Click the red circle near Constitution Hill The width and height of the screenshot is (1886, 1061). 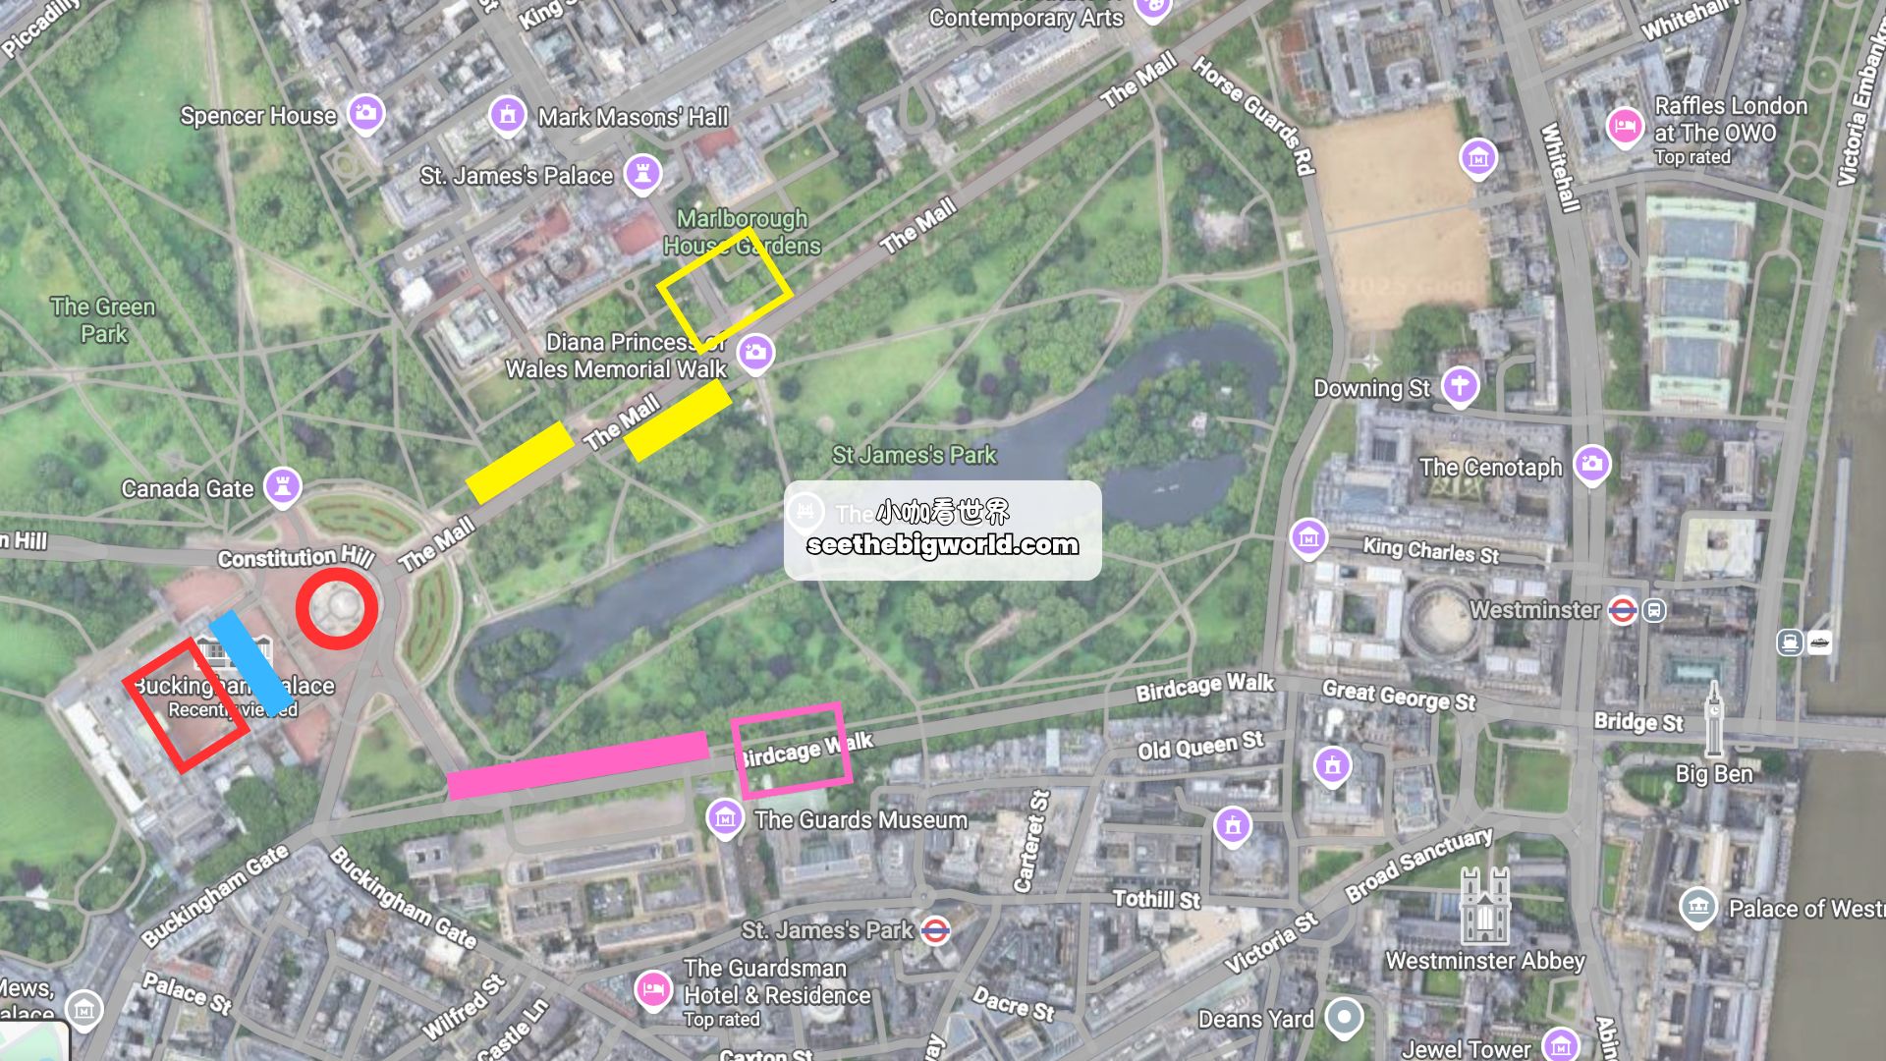337,608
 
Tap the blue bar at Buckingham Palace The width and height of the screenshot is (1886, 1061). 252,663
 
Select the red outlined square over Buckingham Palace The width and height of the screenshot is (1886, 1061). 186,705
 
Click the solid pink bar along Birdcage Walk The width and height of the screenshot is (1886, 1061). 578,765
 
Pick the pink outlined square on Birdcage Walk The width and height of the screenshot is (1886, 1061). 791,750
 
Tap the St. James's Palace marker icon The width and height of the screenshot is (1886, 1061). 642,174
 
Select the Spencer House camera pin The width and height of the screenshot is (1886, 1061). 365,113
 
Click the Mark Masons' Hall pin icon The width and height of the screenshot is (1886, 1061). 507,115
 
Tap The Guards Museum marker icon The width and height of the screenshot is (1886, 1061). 725,817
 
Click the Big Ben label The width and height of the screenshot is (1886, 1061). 1713,774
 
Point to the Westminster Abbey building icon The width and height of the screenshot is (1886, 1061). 1484,906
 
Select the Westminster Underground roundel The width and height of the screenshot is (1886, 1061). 1622,611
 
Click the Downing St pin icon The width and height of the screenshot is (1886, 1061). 1460,386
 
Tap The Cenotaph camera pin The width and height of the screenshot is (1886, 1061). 1591,465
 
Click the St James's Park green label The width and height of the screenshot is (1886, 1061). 914,455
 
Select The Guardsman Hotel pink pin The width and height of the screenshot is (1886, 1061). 652,989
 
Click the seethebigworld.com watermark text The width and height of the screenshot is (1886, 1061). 942,545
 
